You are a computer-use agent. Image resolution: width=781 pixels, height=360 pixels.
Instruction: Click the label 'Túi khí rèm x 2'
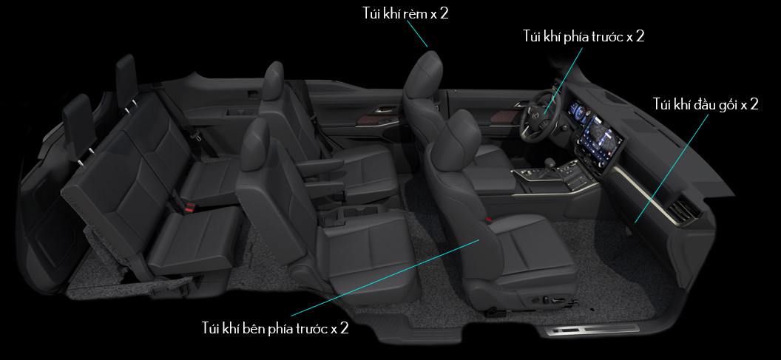(x=405, y=13)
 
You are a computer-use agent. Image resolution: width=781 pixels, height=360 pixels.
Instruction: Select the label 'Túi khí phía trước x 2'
(x=584, y=36)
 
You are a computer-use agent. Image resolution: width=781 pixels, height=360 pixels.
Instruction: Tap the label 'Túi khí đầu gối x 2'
(x=706, y=104)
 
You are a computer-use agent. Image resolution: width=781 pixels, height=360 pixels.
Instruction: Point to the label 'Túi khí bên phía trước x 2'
(x=275, y=329)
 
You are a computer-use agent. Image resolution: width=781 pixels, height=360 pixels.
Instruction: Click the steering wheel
(x=541, y=115)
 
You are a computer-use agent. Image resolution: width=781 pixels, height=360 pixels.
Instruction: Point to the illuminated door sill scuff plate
(x=592, y=329)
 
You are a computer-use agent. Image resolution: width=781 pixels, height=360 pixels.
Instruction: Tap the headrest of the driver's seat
(x=423, y=74)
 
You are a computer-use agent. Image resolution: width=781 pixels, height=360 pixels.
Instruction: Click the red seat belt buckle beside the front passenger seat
(x=489, y=219)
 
